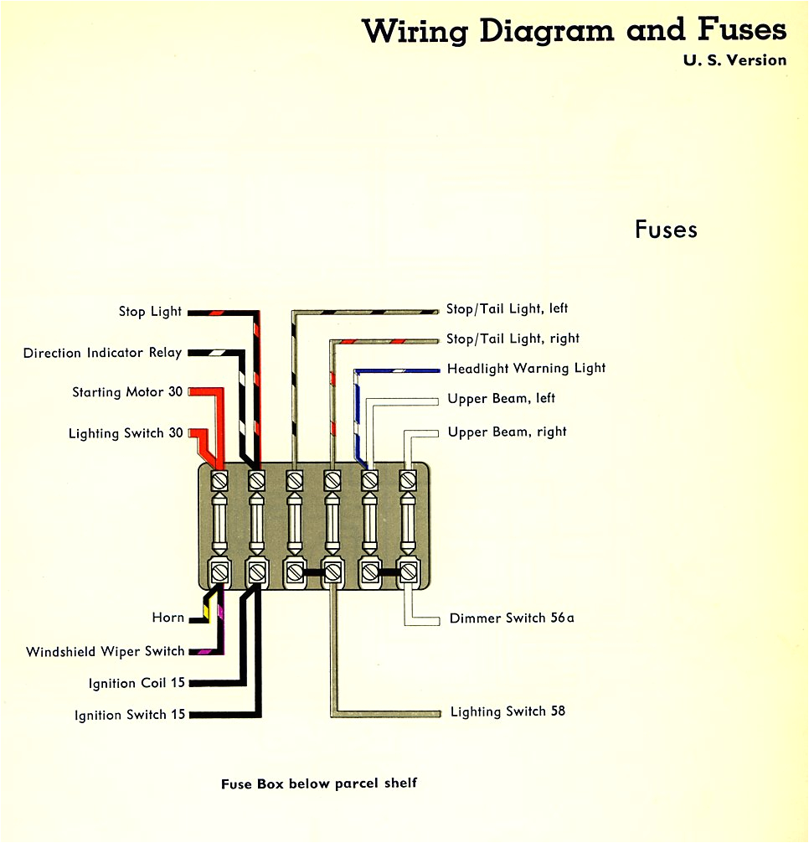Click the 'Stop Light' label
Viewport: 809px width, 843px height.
point(150,312)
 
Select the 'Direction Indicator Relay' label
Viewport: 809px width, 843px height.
point(102,353)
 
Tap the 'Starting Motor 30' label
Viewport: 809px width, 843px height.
point(127,392)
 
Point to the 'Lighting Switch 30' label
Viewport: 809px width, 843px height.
point(126,434)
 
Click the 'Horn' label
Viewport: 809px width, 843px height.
point(167,618)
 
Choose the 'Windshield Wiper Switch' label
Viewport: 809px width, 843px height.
point(105,651)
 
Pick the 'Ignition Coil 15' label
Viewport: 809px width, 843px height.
point(137,683)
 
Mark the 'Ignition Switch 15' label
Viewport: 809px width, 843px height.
point(130,715)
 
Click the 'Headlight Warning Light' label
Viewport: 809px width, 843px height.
point(526,368)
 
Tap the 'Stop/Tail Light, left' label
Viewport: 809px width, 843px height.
point(507,309)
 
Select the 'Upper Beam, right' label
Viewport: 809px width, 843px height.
point(507,432)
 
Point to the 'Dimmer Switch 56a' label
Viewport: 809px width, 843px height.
point(512,618)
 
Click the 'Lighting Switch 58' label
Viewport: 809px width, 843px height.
point(508,711)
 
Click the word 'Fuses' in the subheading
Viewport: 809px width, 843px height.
point(666,230)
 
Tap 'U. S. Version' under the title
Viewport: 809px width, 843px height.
point(735,60)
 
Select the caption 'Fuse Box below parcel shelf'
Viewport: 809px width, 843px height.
point(318,784)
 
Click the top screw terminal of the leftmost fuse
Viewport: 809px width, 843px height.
point(219,481)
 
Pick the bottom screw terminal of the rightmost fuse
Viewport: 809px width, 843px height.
point(408,572)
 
